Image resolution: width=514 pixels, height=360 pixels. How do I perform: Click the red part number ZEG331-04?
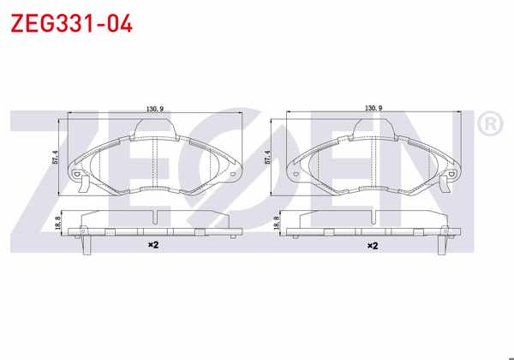pyautogui.click(x=71, y=24)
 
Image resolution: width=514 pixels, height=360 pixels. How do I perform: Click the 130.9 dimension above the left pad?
pyautogui.click(x=155, y=109)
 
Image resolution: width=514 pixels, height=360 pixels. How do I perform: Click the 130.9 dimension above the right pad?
pyautogui.click(x=374, y=108)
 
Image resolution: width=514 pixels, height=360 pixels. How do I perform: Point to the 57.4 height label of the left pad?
pyautogui.click(x=55, y=157)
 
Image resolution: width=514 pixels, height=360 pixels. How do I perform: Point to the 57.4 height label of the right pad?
pyautogui.click(x=267, y=157)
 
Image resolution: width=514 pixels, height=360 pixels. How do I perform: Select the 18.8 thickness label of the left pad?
pyautogui.click(x=58, y=222)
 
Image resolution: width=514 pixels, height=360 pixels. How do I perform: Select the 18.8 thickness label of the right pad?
pyautogui.click(x=276, y=222)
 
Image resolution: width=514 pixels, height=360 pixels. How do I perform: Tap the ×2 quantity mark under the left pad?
pyautogui.click(x=153, y=244)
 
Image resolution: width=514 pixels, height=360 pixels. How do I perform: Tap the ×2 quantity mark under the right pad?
pyautogui.click(x=373, y=246)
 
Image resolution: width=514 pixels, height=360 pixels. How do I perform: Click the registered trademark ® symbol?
pyautogui.click(x=490, y=123)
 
